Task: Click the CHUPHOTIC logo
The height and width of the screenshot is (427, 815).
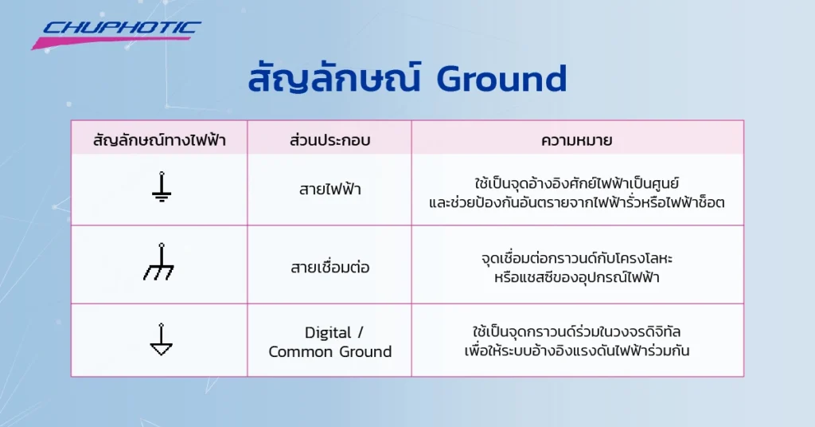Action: tap(119, 29)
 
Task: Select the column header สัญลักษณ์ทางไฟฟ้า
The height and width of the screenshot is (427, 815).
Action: tap(159, 141)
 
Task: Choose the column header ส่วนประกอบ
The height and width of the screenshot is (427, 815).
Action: tap(330, 141)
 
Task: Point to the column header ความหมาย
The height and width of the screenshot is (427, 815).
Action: tap(577, 141)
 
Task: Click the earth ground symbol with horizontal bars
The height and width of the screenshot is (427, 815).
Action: tap(161, 187)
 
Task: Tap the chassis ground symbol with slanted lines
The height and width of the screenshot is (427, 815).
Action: tap(159, 263)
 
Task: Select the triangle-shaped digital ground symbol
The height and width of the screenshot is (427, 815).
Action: tap(161, 340)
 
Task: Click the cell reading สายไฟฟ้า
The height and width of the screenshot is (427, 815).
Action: tap(330, 190)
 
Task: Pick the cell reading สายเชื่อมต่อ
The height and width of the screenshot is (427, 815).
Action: tap(330, 267)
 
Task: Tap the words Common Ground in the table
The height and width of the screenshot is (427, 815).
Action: tap(330, 351)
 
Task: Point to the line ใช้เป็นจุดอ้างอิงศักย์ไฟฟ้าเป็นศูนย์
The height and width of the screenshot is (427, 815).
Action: tap(577, 181)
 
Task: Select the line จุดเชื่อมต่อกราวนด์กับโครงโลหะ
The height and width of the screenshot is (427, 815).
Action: tap(577, 258)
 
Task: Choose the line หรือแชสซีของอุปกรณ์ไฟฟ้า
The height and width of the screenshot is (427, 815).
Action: tap(577, 277)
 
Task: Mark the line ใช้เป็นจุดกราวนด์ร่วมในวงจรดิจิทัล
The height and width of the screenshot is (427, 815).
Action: tap(577, 331)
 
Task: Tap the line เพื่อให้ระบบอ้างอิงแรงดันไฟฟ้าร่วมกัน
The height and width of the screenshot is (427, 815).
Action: tap(577, 351)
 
